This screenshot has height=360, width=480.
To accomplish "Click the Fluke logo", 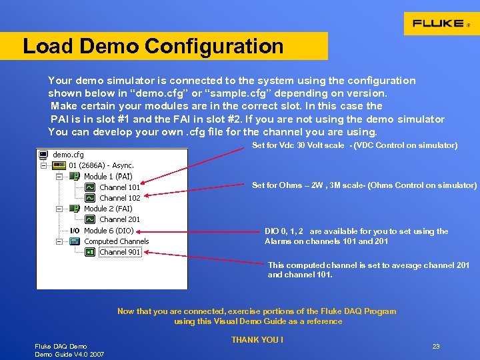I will point(441,23).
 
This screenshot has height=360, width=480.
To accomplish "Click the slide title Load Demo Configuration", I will point(153,47).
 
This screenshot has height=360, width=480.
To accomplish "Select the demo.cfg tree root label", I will point(68,155).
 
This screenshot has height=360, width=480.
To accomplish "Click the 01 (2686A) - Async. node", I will point(101,165).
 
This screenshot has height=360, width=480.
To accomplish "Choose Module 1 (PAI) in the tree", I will point(108,177).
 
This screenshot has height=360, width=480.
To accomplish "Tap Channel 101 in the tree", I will point(119,187).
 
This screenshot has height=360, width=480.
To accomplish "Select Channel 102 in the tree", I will point(119,198).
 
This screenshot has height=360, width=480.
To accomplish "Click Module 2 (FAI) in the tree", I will point(108,209).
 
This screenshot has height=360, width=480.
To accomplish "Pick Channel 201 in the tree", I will point(119,219).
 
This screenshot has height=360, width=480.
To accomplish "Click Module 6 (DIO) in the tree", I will point(108,231).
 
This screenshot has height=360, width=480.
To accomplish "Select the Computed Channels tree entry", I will point(116,241).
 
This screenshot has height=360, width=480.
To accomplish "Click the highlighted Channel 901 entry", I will point(119,252).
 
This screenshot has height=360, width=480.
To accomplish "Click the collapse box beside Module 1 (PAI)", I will point(59,177).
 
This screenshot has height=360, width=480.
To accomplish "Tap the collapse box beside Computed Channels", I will point(59,241).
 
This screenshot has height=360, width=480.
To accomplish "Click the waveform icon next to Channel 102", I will point(90,198).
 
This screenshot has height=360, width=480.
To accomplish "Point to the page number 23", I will point(436,347).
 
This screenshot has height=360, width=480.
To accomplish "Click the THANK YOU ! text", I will point(257,340).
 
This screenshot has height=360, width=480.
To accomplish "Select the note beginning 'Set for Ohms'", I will point(364,185).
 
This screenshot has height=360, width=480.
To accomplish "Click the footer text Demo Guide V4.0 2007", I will point(69,354).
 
